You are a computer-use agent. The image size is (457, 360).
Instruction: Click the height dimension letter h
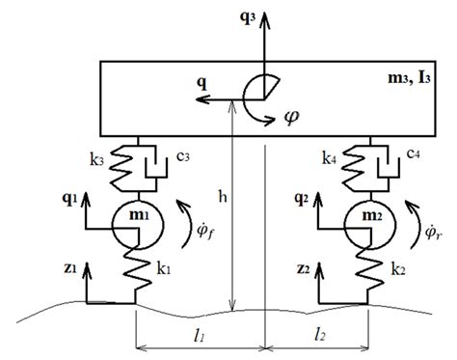coord(223,197)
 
